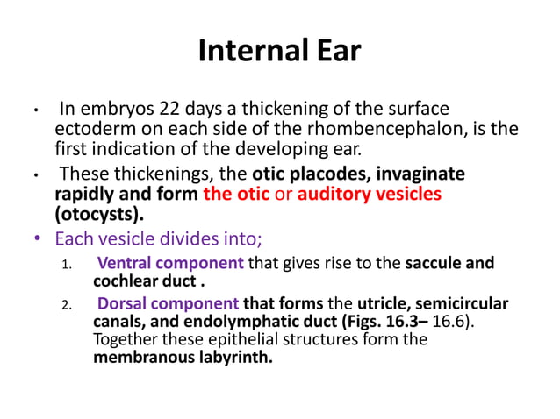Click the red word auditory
(x=333, y=193)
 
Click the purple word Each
(x=73, y=238)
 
